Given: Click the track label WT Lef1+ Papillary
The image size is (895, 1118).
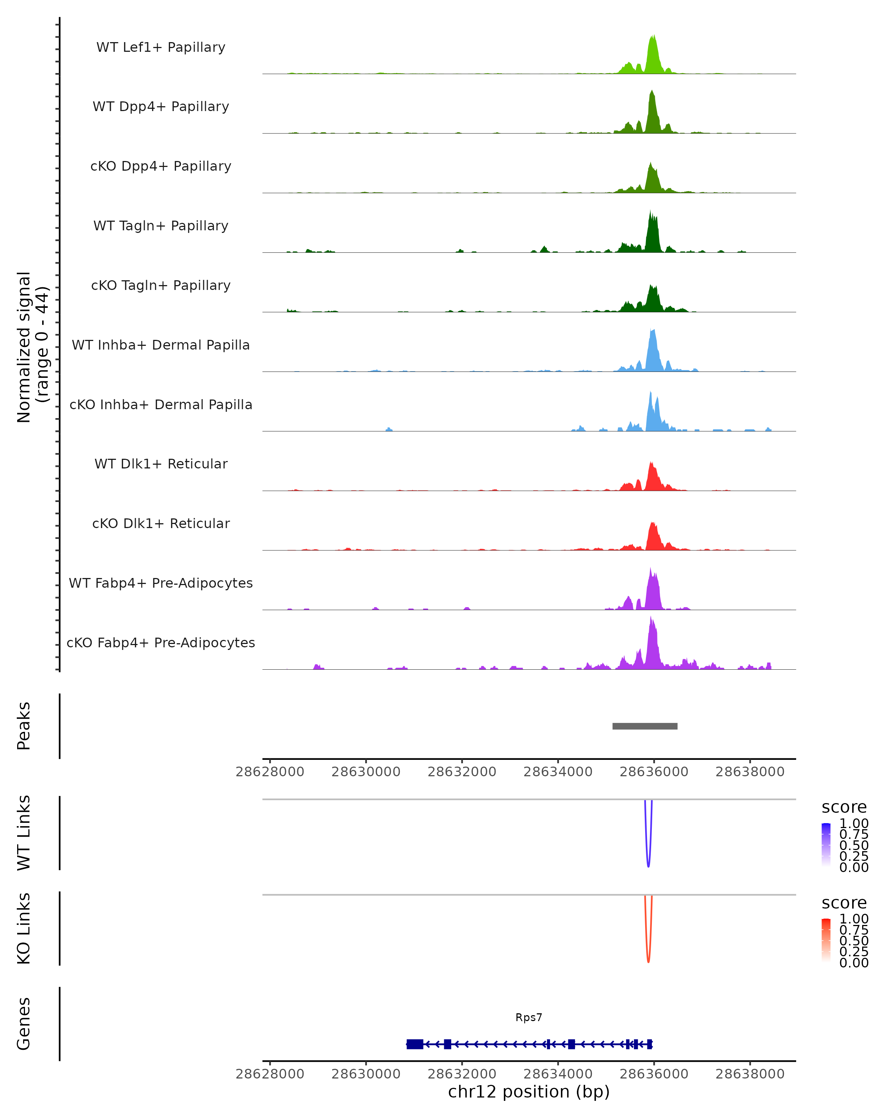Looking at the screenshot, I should (x=161, y=47).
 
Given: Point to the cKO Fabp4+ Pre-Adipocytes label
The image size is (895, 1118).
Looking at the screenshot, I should (x=161, y=642).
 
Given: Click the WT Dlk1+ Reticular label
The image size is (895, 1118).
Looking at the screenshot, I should (x=161, y=464).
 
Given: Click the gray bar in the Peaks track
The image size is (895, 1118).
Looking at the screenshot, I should (x=644, y=726).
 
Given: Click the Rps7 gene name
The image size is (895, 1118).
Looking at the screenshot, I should (x=529, y=1017).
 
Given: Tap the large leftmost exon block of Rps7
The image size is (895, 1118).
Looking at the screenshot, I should (x=415, y=1044).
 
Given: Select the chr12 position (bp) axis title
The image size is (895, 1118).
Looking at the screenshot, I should (x=529, y=1092).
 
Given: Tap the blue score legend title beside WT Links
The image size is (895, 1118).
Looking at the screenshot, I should (x=844, y=808).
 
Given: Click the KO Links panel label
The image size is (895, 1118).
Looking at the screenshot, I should (x=24, y=928).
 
